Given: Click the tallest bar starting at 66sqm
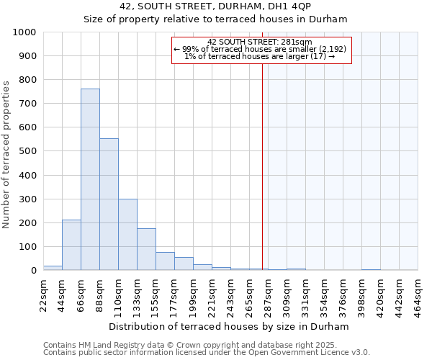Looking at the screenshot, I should (90, 179).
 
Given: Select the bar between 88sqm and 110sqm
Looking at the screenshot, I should (109, 204).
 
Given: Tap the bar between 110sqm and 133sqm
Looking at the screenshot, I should (127, 234).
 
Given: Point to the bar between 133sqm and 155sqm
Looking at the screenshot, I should (146, 249).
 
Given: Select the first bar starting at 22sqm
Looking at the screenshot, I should (53, 268).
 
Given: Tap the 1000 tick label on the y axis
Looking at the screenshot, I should (24, 32).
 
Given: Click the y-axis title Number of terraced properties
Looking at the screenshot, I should (7, 154).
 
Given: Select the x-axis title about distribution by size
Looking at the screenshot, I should (230, 326).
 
